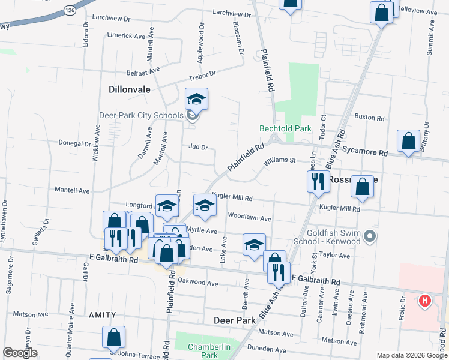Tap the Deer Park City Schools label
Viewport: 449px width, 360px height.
(x=142, y=115)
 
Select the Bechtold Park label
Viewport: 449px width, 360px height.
(x=285, y=128)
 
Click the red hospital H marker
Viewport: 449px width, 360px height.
(x=425, y=300)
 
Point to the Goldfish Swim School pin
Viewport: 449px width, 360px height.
(x=370, y=236)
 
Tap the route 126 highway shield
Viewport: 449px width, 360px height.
(x=70, y=10)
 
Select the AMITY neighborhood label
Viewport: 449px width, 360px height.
(x=102, y=314)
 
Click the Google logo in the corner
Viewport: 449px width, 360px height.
(x=20, y=353)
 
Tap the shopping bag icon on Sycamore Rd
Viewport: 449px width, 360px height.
(x=408, y=142)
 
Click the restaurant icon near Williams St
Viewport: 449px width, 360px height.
(x=318, y=181)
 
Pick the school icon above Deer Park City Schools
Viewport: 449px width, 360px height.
(x=196, y=99)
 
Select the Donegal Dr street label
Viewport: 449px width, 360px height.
(x=74, y=144)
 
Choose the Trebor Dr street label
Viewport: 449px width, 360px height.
(x=202, y=74)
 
